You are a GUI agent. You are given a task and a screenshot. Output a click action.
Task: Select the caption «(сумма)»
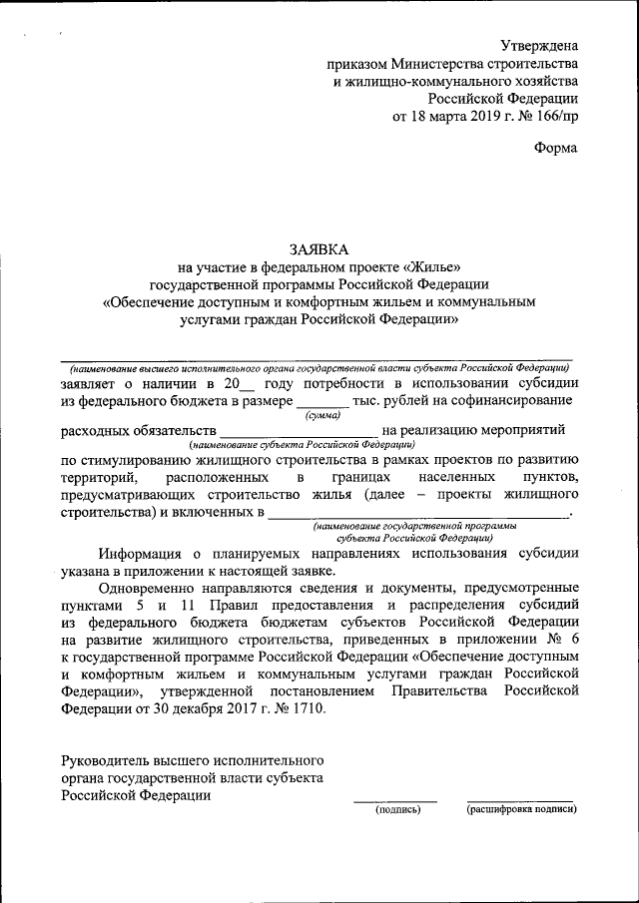coord(321,414)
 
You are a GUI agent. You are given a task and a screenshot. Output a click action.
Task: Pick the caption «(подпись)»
coord(397,809)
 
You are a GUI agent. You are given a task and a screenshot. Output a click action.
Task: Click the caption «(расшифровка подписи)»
coord(521,809)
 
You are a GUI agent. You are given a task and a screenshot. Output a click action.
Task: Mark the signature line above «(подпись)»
coord(395,800)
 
